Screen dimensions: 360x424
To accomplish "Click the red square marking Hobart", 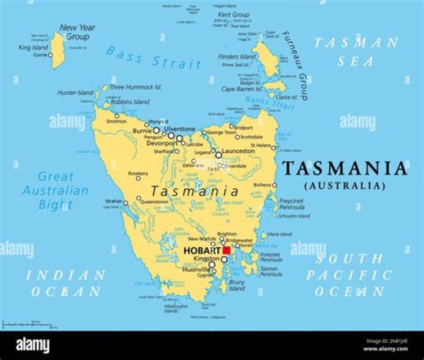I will (226, 250).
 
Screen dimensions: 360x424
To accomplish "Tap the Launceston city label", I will (238, 151).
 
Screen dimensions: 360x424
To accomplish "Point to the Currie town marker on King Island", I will (51, 55).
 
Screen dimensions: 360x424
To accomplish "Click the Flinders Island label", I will (237, 57).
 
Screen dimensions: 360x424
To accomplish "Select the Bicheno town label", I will (262, 185).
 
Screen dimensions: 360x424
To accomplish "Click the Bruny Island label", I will (237, 285).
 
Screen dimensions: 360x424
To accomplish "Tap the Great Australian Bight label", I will (55, 191).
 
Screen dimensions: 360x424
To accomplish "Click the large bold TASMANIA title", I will (344, 169).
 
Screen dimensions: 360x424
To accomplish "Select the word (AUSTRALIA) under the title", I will (344, 186).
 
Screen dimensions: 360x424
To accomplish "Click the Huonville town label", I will (195, 269).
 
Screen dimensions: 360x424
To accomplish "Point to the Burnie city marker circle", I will (156, 130).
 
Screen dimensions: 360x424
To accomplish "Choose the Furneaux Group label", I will (294, 65).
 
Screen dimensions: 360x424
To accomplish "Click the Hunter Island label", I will (75, 93).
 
